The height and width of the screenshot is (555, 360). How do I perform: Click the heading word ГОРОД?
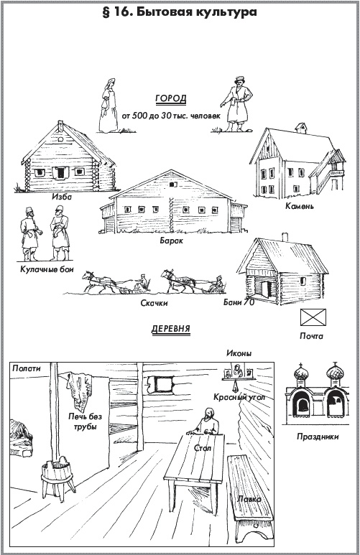click(x=171, y=98)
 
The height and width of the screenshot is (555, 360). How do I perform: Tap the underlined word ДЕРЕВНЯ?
click(x=171, y=329)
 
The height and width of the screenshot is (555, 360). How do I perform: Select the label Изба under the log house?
click(x=62, y=197)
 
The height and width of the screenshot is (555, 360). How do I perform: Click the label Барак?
click(x=172, y=241)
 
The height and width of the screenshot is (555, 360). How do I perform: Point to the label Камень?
click(x=300, y=205)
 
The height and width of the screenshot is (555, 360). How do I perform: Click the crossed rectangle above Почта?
click(x=313, y=317)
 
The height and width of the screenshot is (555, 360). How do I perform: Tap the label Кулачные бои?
click(x=47, y=269)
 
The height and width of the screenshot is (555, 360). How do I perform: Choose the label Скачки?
click(x=154, y=303)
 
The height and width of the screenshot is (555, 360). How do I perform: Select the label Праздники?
click(x=318, y=437)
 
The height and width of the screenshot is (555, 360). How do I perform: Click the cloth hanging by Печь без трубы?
click(x=80, y=389)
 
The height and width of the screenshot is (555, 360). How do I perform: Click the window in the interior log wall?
click(x=162, y=385)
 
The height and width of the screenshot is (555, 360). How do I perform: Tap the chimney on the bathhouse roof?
click(x=285, y=237)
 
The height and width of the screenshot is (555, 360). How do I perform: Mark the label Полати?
click(x=27, y=368)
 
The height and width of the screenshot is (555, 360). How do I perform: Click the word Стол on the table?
click(x=203, y=448)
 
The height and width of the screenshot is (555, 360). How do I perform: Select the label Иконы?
click(x=239, y=353)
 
